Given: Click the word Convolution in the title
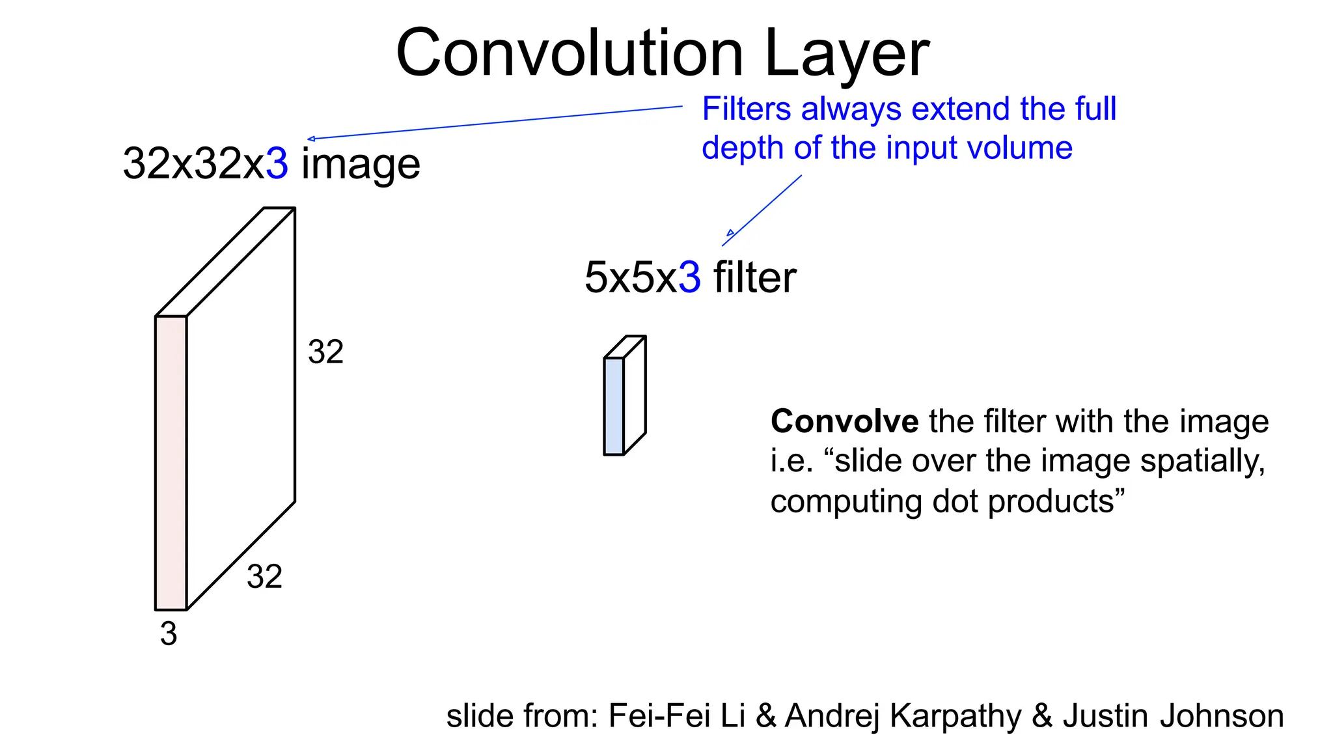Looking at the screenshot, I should pos(570,53).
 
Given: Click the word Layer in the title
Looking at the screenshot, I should pos(847,53).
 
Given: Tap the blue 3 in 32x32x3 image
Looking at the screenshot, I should pos(277,163).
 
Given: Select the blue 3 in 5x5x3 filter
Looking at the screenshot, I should pos(689,277).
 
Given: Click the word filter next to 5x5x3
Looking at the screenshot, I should pos(755,277).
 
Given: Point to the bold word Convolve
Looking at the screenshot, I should pos(844,421).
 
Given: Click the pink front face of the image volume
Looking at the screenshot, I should pos(171,463).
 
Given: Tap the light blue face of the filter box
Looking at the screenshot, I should pos(614,406).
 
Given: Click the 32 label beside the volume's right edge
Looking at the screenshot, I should pos(325,352).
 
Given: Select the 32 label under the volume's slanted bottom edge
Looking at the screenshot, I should pos(264,577).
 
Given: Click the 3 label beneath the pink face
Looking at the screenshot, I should pos(169,633).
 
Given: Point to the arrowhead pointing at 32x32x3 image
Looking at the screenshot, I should pos(311,139).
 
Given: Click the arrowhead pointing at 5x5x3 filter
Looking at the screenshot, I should pos(730,234).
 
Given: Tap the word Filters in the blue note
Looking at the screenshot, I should pos(747,109).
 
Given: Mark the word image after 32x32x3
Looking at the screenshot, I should pos(361,164).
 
